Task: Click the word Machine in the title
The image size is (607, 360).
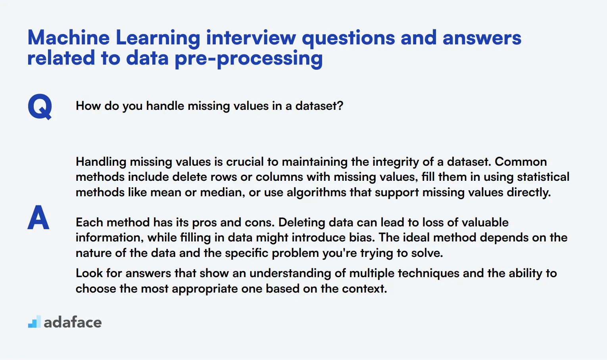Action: (x=69, y=38)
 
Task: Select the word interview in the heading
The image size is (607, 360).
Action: (x=251, y=38)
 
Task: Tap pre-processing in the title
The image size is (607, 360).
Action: (x=249, y=59)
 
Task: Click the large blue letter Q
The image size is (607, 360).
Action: (x=40, y=107)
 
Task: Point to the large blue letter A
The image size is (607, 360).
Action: (x=38, y=218)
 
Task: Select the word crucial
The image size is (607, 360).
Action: (x=245, y=162)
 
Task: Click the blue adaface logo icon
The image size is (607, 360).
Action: (x=34, y=322)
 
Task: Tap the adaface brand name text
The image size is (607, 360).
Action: (x=73, y=322)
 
